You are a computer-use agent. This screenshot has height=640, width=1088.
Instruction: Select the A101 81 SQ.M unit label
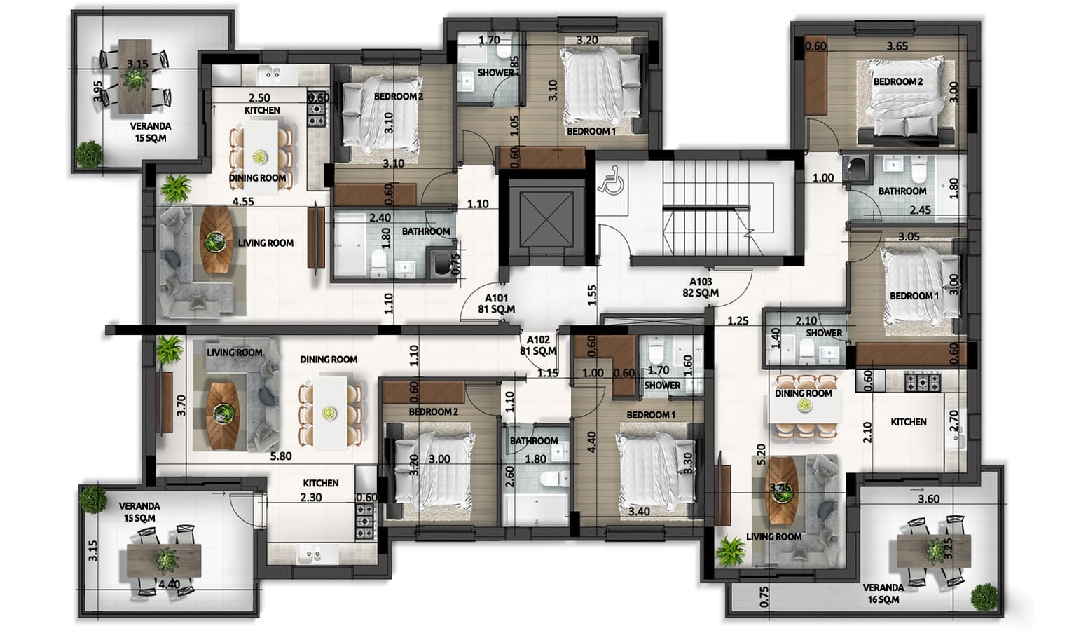click(x=497, y=304)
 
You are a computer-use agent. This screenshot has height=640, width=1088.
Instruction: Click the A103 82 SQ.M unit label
click(x=701, y=287)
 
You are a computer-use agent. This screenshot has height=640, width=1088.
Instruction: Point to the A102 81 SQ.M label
click(x=538, y=345)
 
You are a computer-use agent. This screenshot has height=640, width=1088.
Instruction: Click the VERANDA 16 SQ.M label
click(x=883, y=593)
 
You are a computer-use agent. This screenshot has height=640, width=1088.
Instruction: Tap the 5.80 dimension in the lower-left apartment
click(x=281, y=456)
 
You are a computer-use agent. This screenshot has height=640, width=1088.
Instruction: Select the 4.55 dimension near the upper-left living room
click(x=243, y=202)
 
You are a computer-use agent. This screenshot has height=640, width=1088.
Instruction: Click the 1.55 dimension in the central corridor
click(x=591, y=295)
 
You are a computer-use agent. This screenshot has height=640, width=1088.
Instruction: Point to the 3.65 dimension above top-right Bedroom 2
click(x=897, y=47)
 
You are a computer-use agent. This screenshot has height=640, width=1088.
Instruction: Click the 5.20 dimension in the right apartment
click(x=761, y=454)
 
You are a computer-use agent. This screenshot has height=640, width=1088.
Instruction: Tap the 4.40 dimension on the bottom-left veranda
click(x=169, y=584)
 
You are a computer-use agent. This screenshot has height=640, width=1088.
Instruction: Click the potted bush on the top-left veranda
click(x=90, y=154)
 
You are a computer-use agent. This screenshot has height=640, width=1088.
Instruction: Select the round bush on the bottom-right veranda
click(x=984, y=597)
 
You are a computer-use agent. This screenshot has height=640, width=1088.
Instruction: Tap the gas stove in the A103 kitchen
click(x=922, y=381)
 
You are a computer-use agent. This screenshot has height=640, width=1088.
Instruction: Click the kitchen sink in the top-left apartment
click(x=269, y=75)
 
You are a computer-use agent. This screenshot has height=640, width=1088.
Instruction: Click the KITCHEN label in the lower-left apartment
click(x=321, y=484)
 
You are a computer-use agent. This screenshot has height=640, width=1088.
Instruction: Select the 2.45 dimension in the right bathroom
click(x=920, y=210)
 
